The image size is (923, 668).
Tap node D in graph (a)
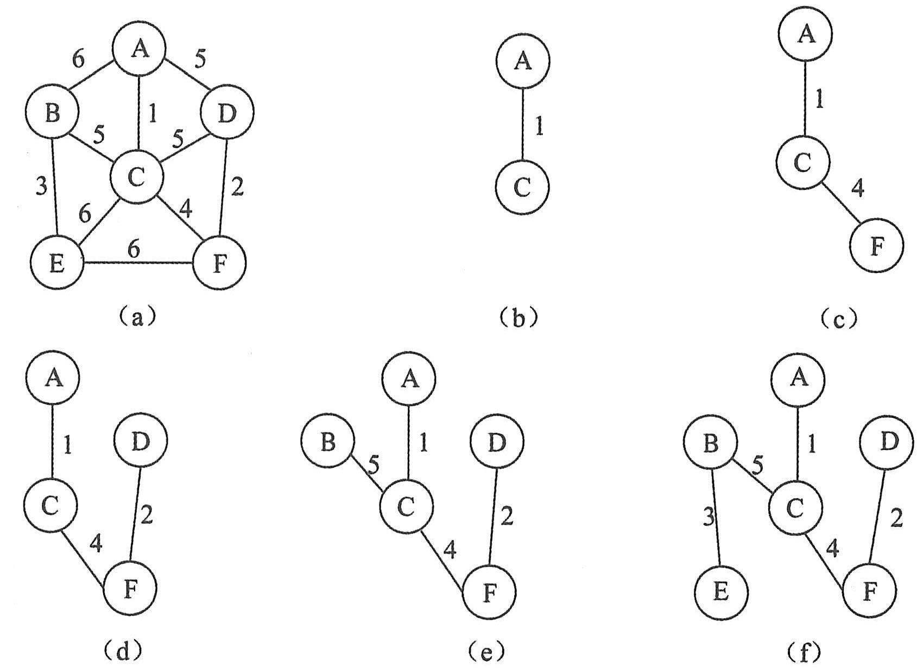[x=227, y=113]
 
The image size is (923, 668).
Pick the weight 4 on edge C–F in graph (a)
[x=186, y=209]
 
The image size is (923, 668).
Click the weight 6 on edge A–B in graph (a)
[x=79, y=60]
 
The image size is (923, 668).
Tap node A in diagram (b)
[x=522, y=61]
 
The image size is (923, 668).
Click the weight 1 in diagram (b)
[x=539, y=126]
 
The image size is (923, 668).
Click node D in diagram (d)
[x=141, y=441]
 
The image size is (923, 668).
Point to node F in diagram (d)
[x=130, y=589]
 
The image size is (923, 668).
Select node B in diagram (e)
[x=327, y=442]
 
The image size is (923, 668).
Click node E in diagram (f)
[x=720, y=591]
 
